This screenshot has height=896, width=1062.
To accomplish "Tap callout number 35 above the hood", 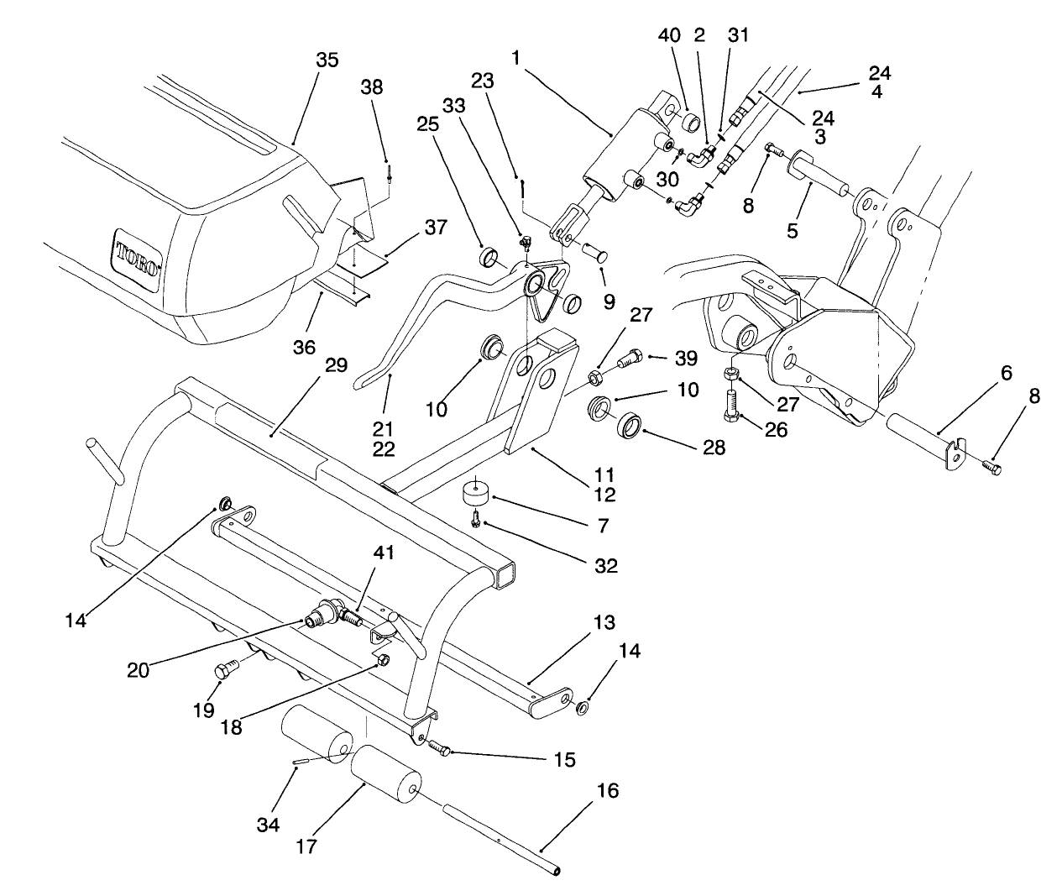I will (328, 60).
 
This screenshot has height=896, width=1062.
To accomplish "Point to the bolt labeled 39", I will (629, 361).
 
